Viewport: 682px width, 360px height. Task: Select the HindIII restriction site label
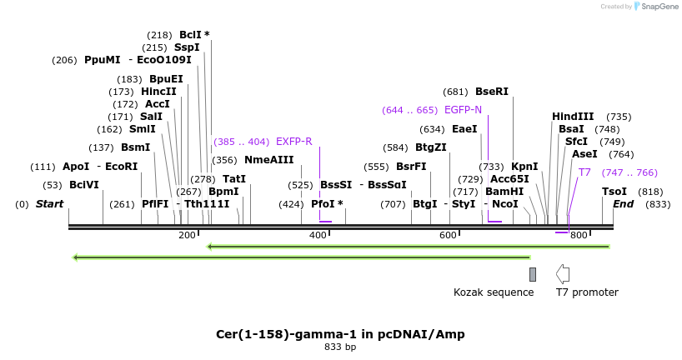click(x=573, y=117)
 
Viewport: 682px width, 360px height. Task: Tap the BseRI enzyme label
click(x=491, y=92)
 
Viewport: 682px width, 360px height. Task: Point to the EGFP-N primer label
click(x=463, y=110)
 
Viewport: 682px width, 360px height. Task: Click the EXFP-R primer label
click(x=293, y=142)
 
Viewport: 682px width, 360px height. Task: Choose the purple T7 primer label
click(x=584, y=172)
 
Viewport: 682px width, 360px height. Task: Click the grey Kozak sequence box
click(x=533, y=274)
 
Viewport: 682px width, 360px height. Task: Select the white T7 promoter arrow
click(x=563, y=273)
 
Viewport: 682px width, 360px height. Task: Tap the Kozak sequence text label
click(x=494, y=292)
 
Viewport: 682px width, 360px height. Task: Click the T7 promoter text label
click(x=587, y=292)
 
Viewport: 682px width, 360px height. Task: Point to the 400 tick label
click(x=318, y=236)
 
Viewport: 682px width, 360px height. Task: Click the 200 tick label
click(x=188, y=236)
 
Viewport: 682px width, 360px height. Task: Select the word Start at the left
click(x=49, y=204)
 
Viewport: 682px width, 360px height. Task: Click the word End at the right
click(x=623, y=204)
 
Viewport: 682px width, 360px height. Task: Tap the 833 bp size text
click(x=340, y=347)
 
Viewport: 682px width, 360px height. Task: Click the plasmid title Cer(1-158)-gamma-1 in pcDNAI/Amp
click(x=340, y=334)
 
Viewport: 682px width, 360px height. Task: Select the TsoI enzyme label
click(x=614, y=192)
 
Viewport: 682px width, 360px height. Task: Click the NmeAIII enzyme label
click(x=268, y=160)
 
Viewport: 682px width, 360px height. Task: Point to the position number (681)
click(x=456, y=92)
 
